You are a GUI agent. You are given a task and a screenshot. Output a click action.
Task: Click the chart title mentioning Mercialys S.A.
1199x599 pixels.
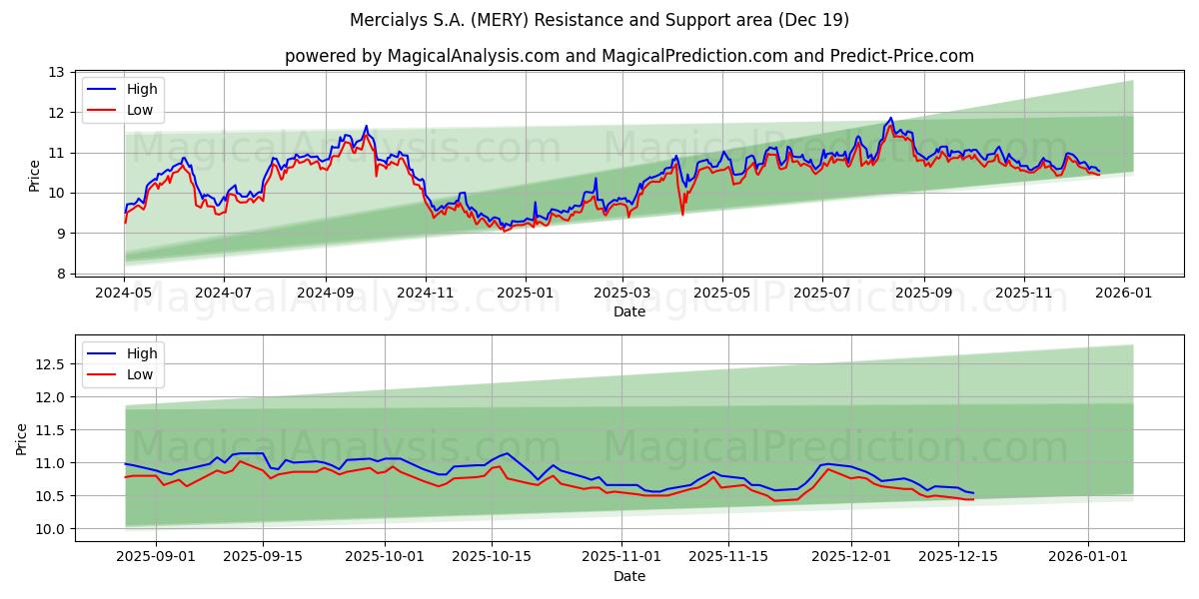point(599,20)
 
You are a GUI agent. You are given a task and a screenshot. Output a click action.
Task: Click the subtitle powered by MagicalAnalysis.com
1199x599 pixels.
point(629,56)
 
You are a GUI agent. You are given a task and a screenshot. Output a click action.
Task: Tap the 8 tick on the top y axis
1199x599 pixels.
point(60,274)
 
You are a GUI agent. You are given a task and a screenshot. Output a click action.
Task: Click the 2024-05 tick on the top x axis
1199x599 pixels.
point(124,294)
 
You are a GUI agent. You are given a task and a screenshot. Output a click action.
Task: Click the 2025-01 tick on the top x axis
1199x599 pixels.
point(526,294)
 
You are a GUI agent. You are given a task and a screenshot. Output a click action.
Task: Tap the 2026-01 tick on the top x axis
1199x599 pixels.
point(1125,294)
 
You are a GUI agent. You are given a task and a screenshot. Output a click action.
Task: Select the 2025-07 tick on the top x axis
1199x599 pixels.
point(822,294)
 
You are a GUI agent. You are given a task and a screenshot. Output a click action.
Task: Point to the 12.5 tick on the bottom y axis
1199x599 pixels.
point(49,364)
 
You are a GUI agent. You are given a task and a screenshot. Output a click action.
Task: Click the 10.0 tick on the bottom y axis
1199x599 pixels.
point(49,529)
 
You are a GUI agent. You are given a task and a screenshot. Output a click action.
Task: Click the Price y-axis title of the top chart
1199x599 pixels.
point(35,176)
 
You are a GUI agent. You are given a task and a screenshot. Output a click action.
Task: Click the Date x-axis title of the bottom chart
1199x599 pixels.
point(629,577)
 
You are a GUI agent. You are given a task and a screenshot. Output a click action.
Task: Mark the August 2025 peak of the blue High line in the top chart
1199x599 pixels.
point(890,118)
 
